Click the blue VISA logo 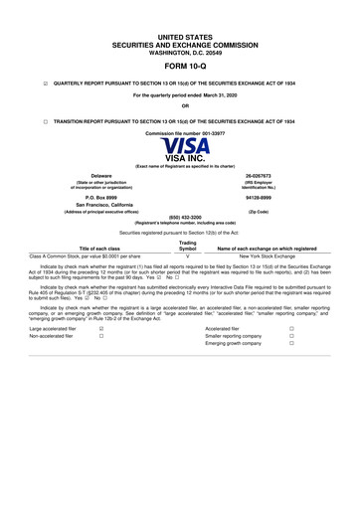[x=179, y=145]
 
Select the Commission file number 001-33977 [x=179, y=132]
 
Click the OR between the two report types [x=179, y=105]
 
